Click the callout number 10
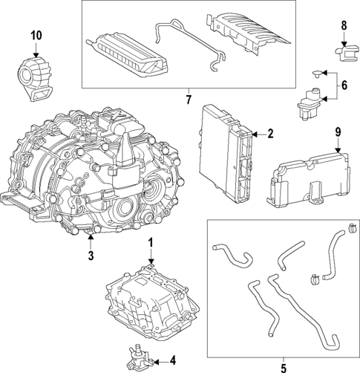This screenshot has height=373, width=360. click(36, 35)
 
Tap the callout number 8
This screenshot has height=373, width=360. click(344, 26)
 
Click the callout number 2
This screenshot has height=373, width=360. click(270, 134)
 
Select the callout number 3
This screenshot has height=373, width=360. click(91, 256)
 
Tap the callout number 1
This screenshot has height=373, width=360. click(150, 243)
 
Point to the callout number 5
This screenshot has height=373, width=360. click(282, 366)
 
